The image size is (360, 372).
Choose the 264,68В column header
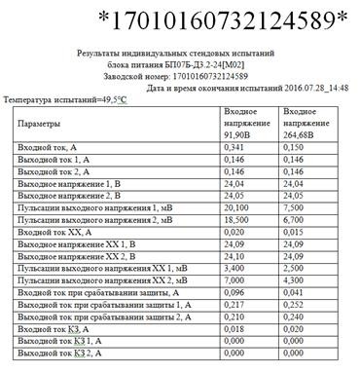(x=304, y=126)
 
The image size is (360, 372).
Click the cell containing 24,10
(x=234, y=255)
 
